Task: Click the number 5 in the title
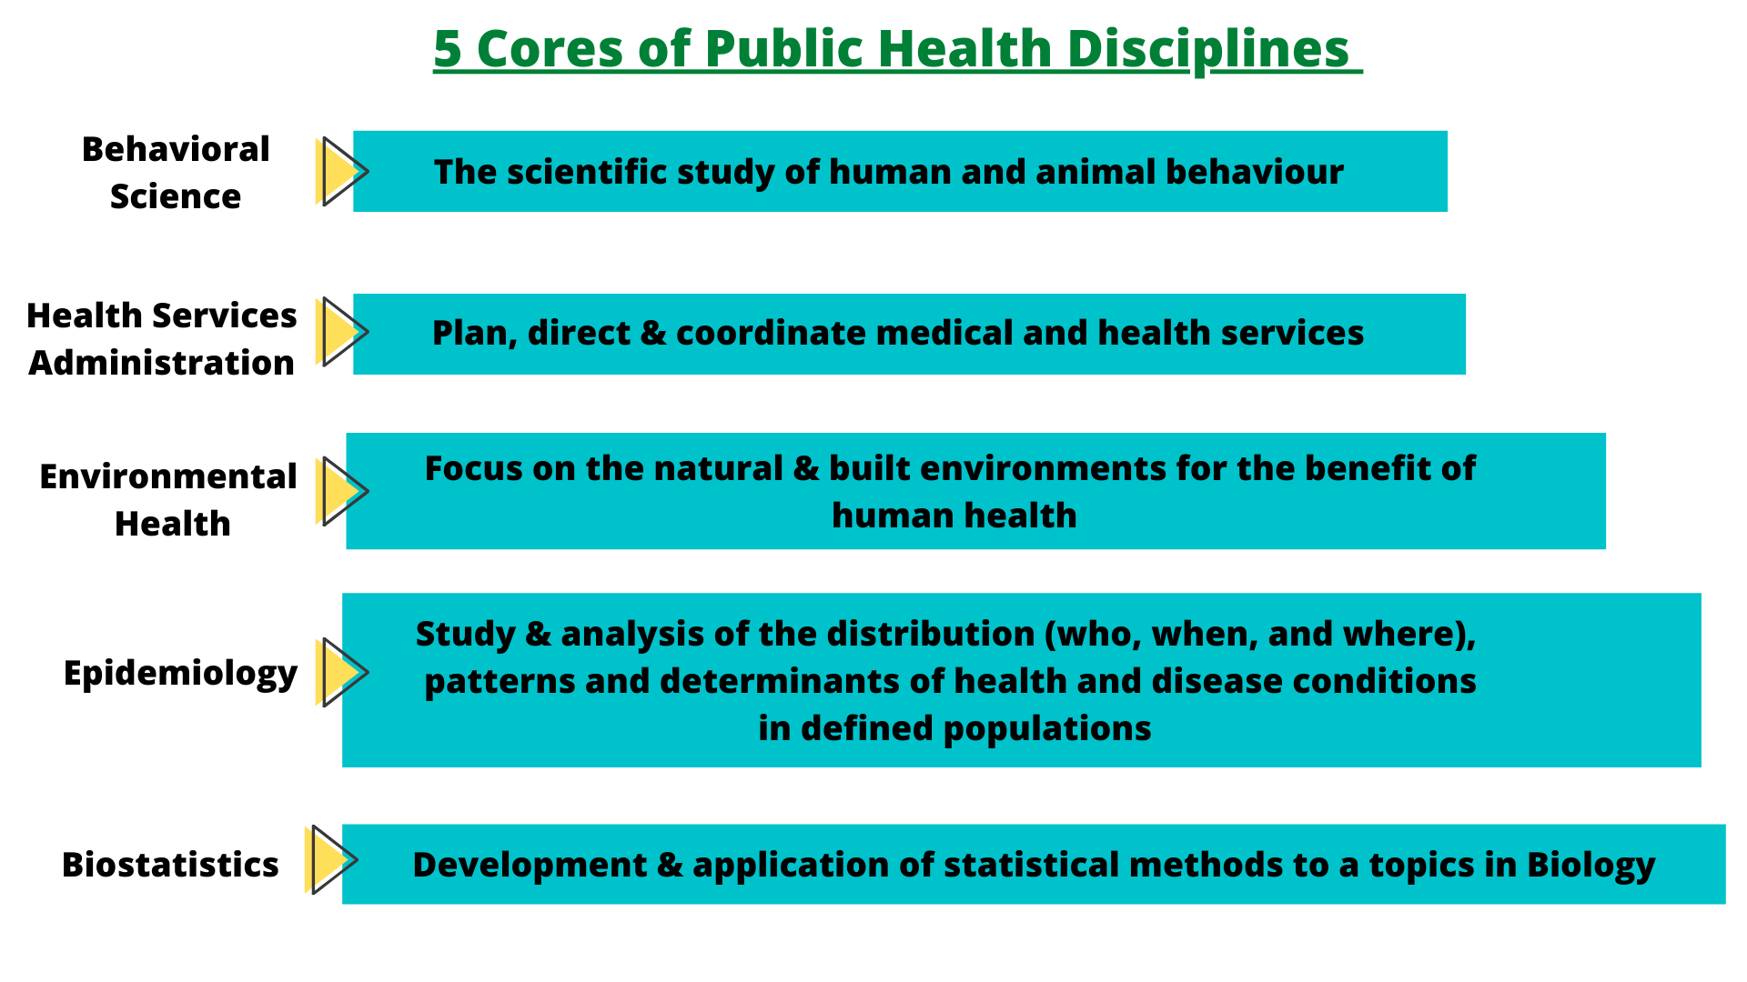click(447, 48)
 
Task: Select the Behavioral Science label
click(176, 173)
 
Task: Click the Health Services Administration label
click(162, 339)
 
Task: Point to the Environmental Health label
click(169, 500)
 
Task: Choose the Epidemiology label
click(180, 673)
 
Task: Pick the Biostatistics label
click(170, 865)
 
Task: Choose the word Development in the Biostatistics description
click(530, 865)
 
